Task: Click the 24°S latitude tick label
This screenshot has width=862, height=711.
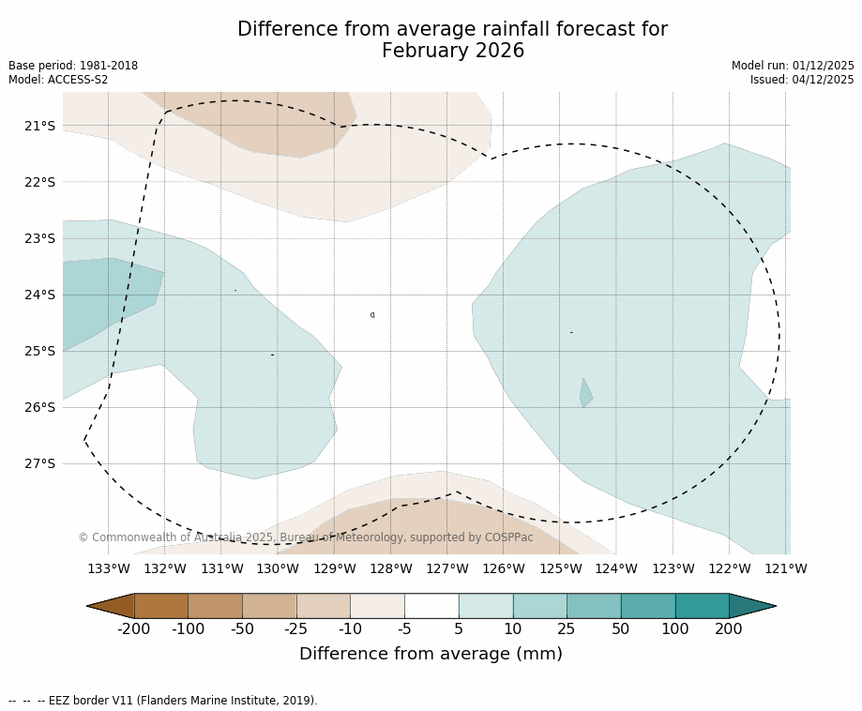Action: tap(39, 295)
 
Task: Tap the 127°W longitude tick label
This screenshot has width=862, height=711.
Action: tap(446, 569)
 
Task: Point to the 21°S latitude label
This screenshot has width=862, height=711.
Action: tap(39, 126)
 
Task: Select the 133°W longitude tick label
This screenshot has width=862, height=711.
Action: tap(108, 569)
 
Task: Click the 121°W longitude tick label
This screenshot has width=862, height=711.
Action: tap(786, 569)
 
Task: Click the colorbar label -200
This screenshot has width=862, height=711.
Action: tap(134, 629)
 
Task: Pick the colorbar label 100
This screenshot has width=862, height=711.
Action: tap(674, 629)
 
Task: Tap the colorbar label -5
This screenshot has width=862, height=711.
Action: tap(404, 629)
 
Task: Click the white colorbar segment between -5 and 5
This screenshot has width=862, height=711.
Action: tap(431, 606)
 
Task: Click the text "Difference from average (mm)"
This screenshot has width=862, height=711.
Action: tap(431, 655)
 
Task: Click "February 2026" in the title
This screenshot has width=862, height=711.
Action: tap(452, 52)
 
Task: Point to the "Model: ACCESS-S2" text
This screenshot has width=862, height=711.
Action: tap(58, 80)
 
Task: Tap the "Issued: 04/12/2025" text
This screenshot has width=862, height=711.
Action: tap(802, 80)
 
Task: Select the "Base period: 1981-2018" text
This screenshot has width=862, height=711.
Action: tap(73, 66)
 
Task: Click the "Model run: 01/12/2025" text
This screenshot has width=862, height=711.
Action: tap(793, 66)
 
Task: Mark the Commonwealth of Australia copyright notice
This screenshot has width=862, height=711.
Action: tap(305, 537)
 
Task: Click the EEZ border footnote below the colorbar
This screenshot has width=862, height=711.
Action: tap(163, 701)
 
